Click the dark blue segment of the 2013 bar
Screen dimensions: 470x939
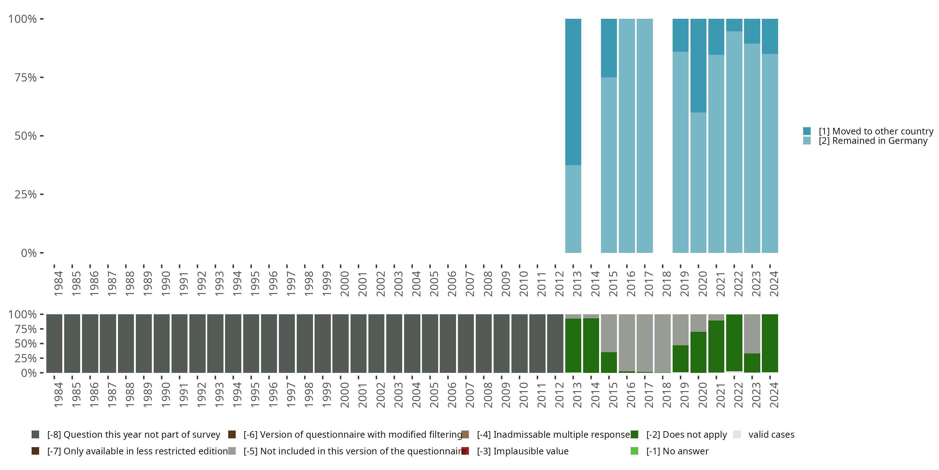573,91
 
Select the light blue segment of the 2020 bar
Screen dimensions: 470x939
698,182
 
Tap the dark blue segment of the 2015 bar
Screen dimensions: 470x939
609,47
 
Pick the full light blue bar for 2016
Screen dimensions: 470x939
627,135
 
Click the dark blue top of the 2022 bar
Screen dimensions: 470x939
734,25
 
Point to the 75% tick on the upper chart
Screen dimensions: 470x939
42,77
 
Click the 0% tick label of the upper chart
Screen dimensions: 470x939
29,253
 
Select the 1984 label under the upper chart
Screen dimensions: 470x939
58,284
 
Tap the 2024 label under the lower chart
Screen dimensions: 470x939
773,395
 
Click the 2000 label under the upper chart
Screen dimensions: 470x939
345,284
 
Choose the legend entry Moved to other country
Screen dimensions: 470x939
875,131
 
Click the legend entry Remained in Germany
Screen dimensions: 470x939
873,141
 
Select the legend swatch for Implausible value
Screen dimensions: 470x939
465,451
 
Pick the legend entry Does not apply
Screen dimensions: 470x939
686,435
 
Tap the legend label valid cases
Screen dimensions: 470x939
771,435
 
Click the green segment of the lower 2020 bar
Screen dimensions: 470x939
698,352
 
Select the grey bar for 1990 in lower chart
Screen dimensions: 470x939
162,343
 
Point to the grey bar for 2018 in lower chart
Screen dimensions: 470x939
662,343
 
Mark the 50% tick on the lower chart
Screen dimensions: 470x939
42,343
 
